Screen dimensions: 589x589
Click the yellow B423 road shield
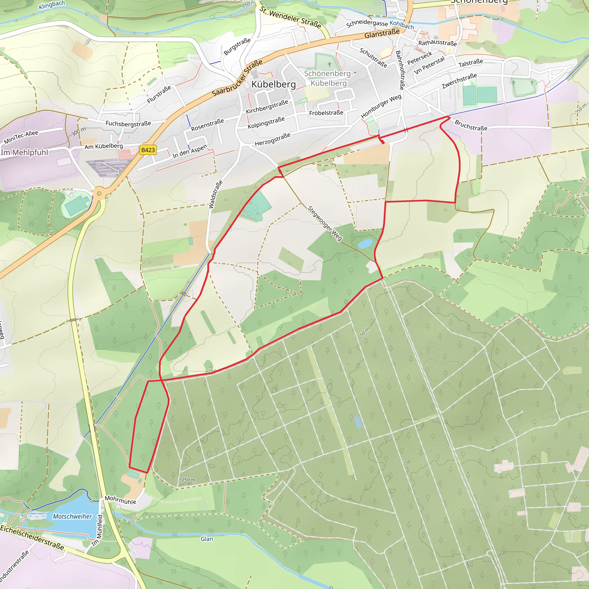148,150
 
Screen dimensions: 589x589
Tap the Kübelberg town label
274,85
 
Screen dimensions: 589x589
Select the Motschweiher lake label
72,517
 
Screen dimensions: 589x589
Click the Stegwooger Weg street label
325,223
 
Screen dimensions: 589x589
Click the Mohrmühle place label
121,500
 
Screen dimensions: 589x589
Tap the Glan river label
207,539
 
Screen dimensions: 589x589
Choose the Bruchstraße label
471,125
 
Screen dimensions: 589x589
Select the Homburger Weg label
381,106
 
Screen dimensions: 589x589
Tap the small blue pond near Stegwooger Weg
365,243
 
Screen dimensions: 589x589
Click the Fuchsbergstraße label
128,123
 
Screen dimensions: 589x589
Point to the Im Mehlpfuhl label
24,152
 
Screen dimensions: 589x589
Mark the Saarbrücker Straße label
237,78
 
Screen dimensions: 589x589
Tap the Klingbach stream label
51,5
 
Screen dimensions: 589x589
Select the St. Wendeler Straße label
290,17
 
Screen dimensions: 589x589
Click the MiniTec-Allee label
21,137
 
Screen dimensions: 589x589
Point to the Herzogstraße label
273,139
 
